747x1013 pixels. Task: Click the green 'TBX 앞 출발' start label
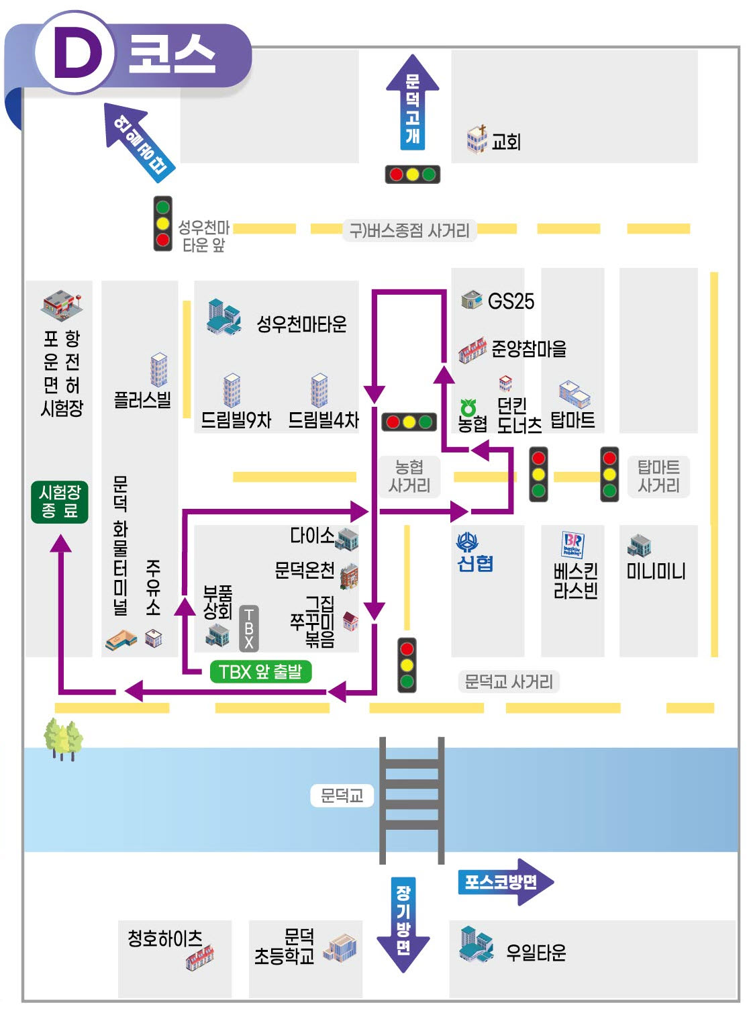click(260, 671)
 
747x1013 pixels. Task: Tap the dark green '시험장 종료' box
click(60, 501)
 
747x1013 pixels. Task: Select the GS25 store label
click(511, 301)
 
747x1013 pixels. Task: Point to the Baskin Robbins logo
click(573, 544)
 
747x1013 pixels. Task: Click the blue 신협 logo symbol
click(467, 542)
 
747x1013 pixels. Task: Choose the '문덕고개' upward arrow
click(412, 102)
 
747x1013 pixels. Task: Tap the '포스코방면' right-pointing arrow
click(506, 882)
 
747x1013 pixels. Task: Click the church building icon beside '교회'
click(477, 139)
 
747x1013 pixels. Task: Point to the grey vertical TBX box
click(249, 628)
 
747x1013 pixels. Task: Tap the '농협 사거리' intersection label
click(409, 476)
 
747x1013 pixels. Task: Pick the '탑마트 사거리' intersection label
click(658, 476)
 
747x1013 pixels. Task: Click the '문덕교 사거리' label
click(509, 681)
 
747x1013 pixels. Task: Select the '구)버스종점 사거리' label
click(409, 231)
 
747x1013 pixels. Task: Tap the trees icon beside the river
click(63, 740)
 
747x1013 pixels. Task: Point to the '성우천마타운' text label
click(301, 324)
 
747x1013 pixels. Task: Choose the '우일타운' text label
click(536, 953)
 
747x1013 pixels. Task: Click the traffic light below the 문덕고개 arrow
click(412, 175)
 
